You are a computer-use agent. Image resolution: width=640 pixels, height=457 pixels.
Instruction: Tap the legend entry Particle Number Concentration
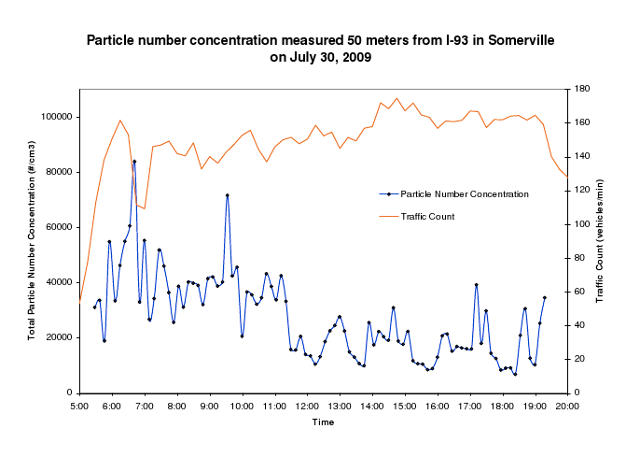(x=465, y=193)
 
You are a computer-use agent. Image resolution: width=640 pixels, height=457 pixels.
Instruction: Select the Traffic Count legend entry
(x=427, y=217)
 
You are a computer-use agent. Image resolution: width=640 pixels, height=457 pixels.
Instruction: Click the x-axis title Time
(x=323, y=422)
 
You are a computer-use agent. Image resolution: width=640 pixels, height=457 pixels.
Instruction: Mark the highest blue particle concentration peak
(x=134, y=162)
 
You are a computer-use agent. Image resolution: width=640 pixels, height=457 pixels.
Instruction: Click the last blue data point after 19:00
(x=545, y=297)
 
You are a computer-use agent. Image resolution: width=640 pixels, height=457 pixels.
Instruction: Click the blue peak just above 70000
(x=228, y=195)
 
